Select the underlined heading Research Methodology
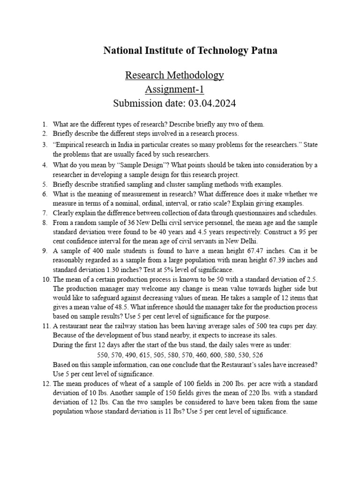pyautogui.click(x=174, y=75)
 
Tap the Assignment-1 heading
pyautogui.click(x=174, y=89)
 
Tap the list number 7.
pyautogui.click(x=45, y=213)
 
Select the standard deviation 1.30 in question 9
pyautogui.click(x=109, y=270)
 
